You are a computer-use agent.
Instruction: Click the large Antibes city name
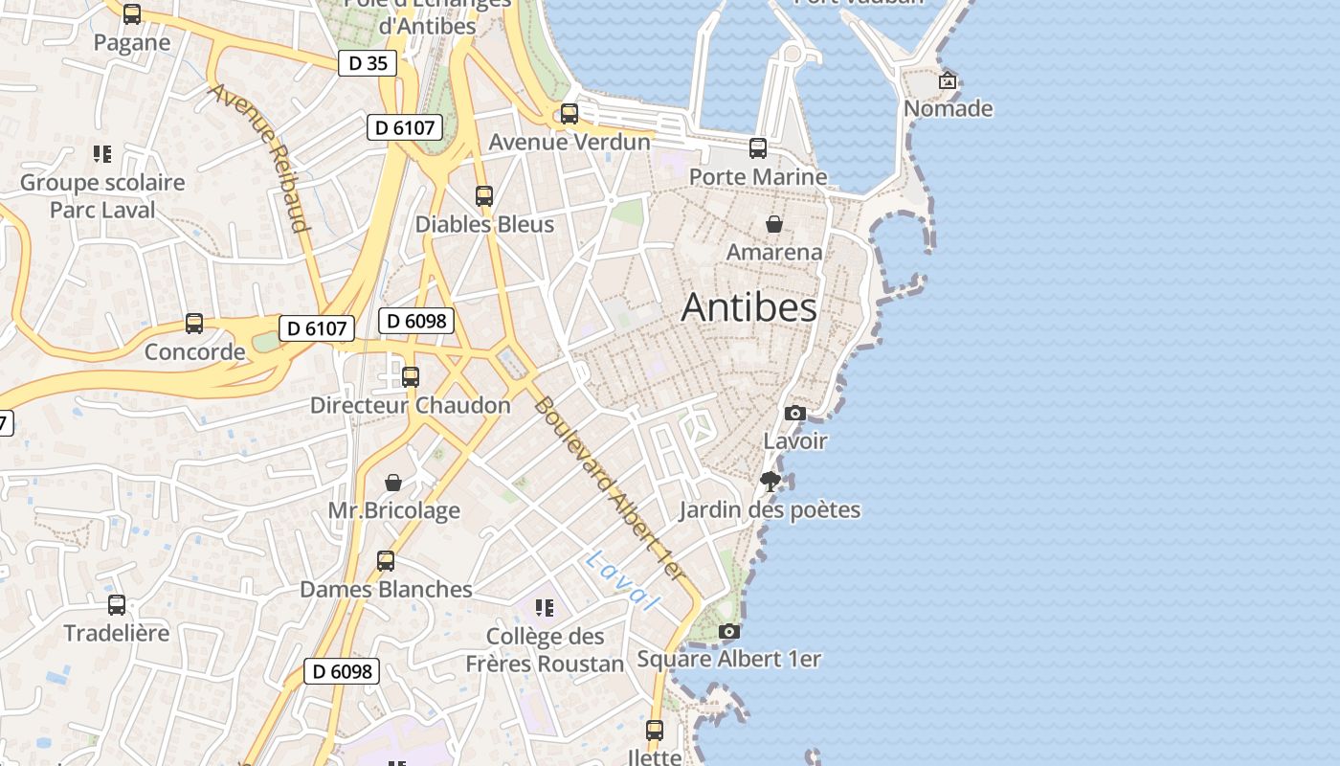coord(749,307)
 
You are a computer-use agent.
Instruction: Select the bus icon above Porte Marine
coord(758,148)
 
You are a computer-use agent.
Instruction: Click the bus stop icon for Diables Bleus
coord(484,196)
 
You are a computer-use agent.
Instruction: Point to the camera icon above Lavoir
coord(795,414)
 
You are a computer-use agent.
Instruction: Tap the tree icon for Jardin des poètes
coord(770,482)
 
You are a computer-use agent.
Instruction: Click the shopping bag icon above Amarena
coord(774,224)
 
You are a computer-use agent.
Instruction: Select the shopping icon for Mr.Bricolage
coord(393,483)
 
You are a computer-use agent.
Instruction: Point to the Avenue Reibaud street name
coord(260,158)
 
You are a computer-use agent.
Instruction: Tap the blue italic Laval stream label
coord(623,580)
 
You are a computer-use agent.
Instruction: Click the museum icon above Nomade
coord(948,80)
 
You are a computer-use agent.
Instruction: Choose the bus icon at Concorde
coord(194,324)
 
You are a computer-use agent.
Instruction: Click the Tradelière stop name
coord(116,633)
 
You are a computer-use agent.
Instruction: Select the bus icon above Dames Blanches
coord(386,561)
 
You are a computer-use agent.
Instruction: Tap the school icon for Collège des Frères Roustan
coord(545,607)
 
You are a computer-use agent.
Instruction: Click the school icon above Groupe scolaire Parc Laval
coord(102,154)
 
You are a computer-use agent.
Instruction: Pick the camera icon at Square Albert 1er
coord(729,632)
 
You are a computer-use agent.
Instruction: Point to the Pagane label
coord(132,42)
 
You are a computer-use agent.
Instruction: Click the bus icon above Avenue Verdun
coord(569,114)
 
